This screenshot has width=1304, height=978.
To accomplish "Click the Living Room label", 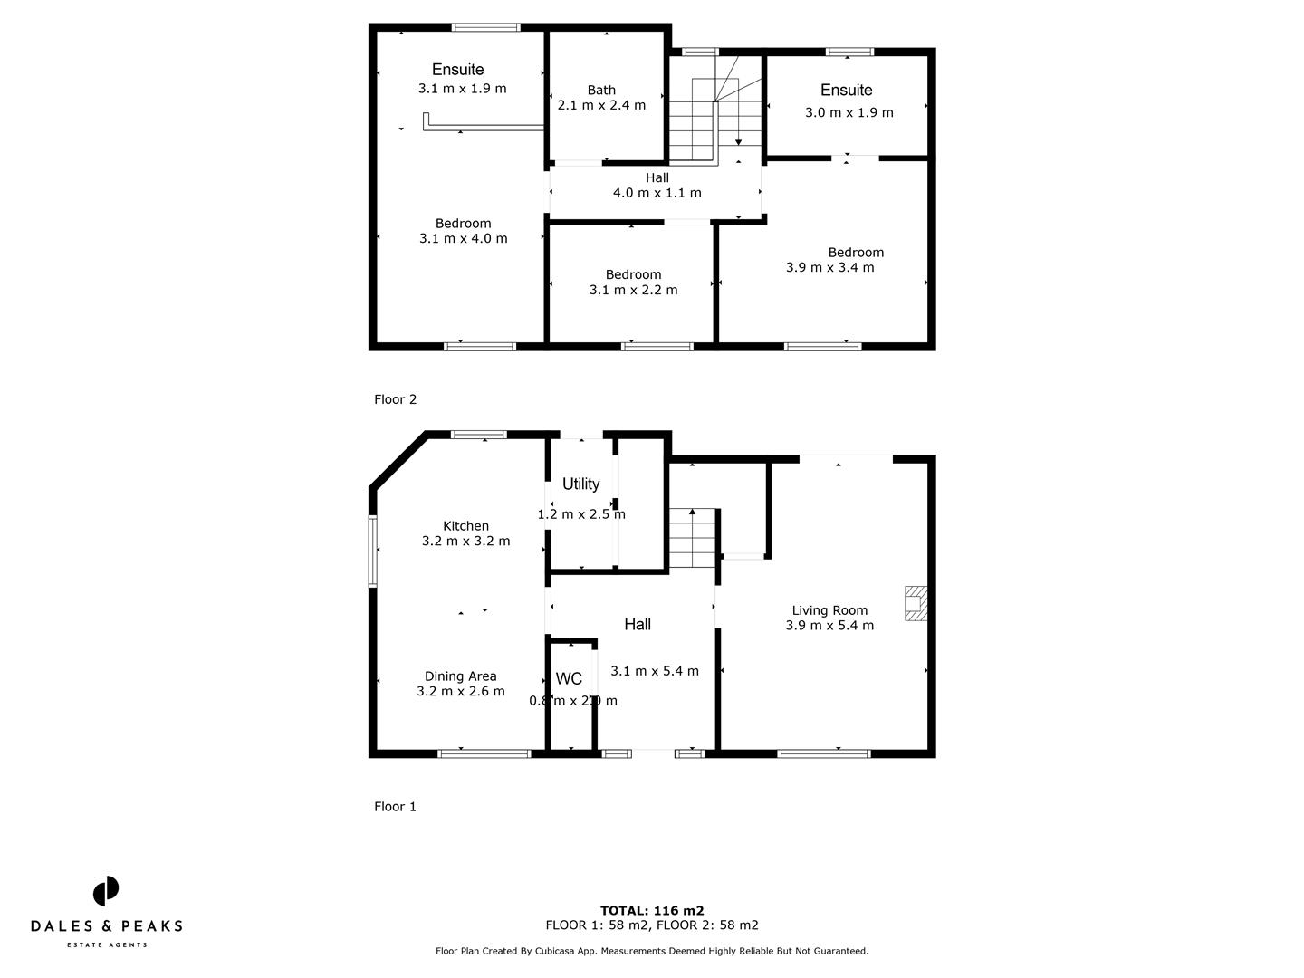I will pyautogui.click(x=829, y=610).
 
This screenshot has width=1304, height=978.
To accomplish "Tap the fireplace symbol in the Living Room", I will pyautogui.click(x=916, y=603).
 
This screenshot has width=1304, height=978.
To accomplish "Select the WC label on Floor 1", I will pyautogui.click(x=569, y=679).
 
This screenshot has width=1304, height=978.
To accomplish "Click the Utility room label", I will pyautogui.click(x=580, y=484).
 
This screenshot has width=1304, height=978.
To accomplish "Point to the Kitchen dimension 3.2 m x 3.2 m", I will pyautogui.click(x=465, y=542).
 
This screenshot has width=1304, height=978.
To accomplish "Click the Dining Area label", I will pyautogui.click(x=460, y=676).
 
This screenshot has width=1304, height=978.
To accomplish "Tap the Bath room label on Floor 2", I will pyautogui.click(x=601, y=90).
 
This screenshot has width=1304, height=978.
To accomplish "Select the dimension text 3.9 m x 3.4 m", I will pyautogui.click(x=829, y=267).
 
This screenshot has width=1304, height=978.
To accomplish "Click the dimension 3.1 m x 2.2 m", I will pyautogui.click(x=633, y=290).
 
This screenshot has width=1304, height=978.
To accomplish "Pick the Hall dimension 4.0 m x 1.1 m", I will pyautogui.click(x=657, y=193).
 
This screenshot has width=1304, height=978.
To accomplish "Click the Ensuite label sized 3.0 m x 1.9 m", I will pyautogui.click(x=847, y=90).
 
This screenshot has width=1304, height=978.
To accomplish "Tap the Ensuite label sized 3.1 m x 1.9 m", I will pyautogui.click(x=457, y=70).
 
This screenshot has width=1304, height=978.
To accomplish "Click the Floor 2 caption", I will pyautogui.click(x=395, y=399).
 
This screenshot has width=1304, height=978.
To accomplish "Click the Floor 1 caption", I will pyautogui.click(x=395, y=807).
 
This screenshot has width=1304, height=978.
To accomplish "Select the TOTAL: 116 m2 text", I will pyautogui.click(x=652, y=911).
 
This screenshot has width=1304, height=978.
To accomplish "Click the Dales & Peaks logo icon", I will pyautogui.click(x=106, y=891).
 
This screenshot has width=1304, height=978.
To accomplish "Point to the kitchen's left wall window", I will pyautogui.click(x=372, y=551).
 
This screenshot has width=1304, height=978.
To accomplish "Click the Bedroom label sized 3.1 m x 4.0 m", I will pyautogui.click(x=463, y=224).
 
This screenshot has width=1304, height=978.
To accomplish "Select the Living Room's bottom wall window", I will pyautogui.click(x=824, y=753).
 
